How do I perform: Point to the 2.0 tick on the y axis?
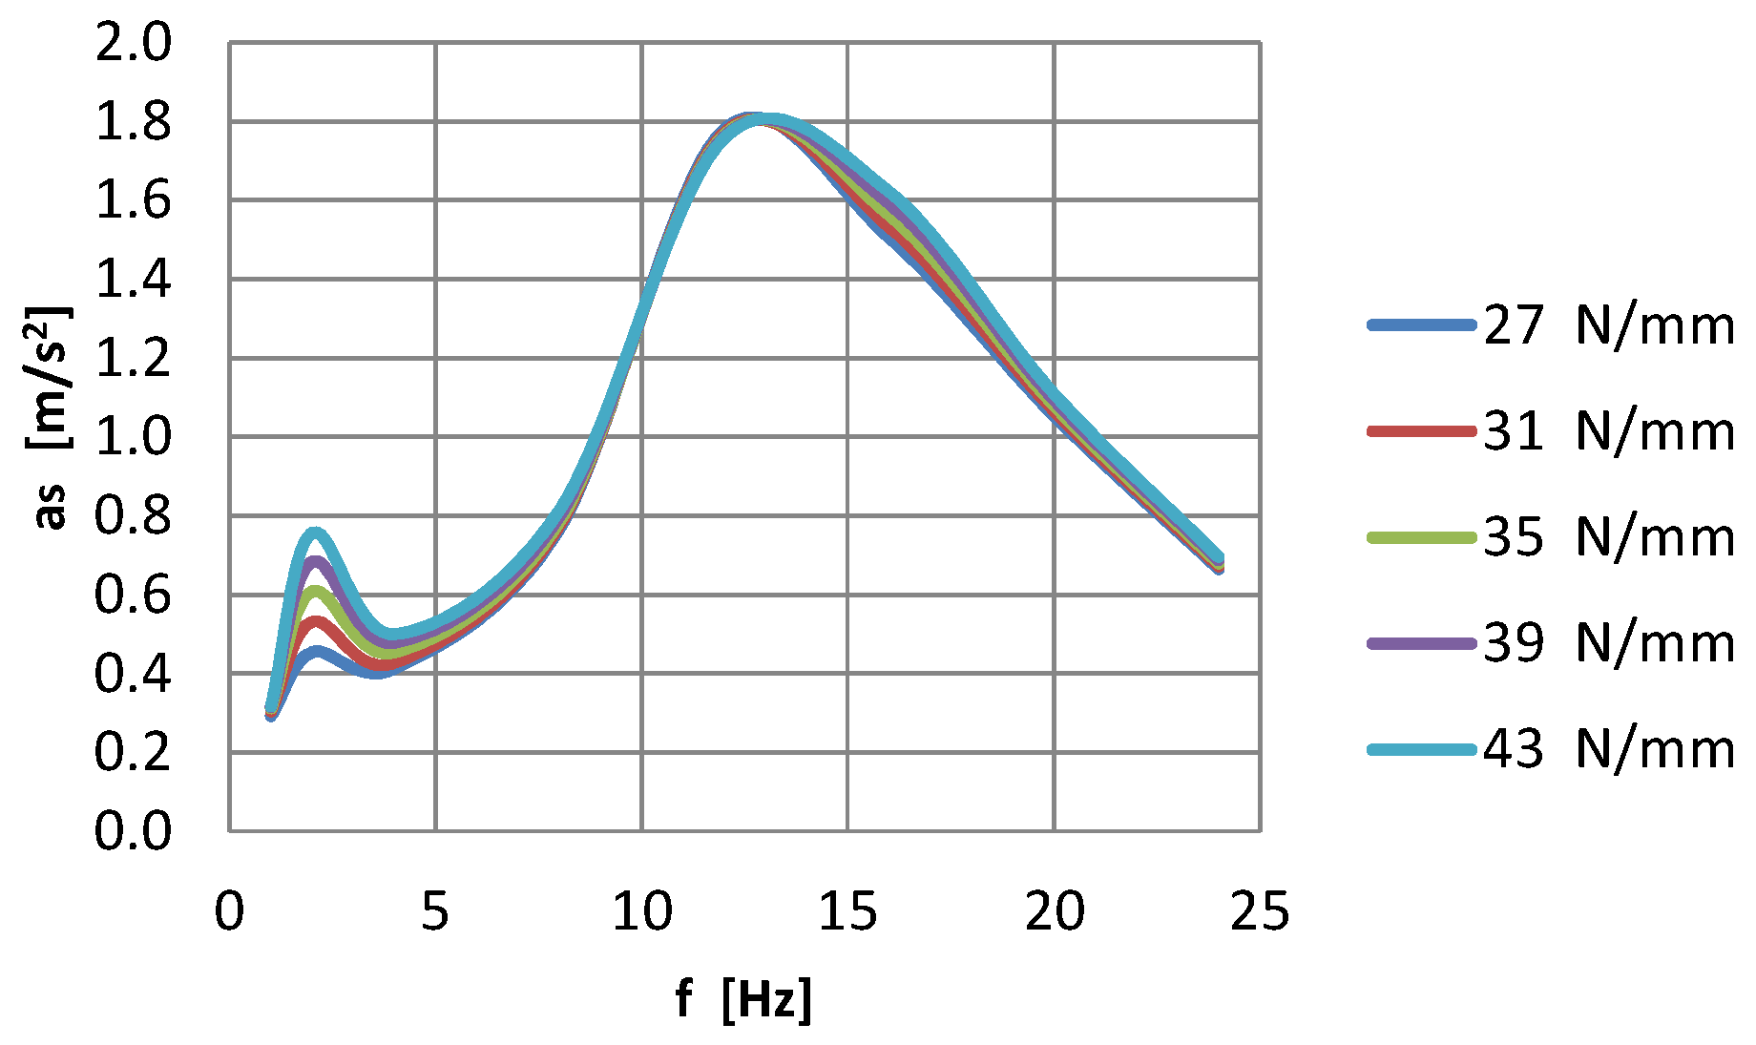coord(133,43)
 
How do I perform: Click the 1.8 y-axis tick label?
coord(133,122)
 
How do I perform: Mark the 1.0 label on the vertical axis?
coord(133,437)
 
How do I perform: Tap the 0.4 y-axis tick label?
coord(133,674)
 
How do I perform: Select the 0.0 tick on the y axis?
coord(133,830)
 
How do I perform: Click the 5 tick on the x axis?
coord(435,911)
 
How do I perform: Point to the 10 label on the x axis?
coord(641,911)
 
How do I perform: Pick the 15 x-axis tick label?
coord(847,911)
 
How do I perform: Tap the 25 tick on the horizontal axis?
coord(1260,911)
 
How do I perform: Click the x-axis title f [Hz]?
coord(743,1000)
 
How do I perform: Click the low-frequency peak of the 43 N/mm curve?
coord(315,533)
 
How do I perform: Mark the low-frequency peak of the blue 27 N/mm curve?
coord(317,652)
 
